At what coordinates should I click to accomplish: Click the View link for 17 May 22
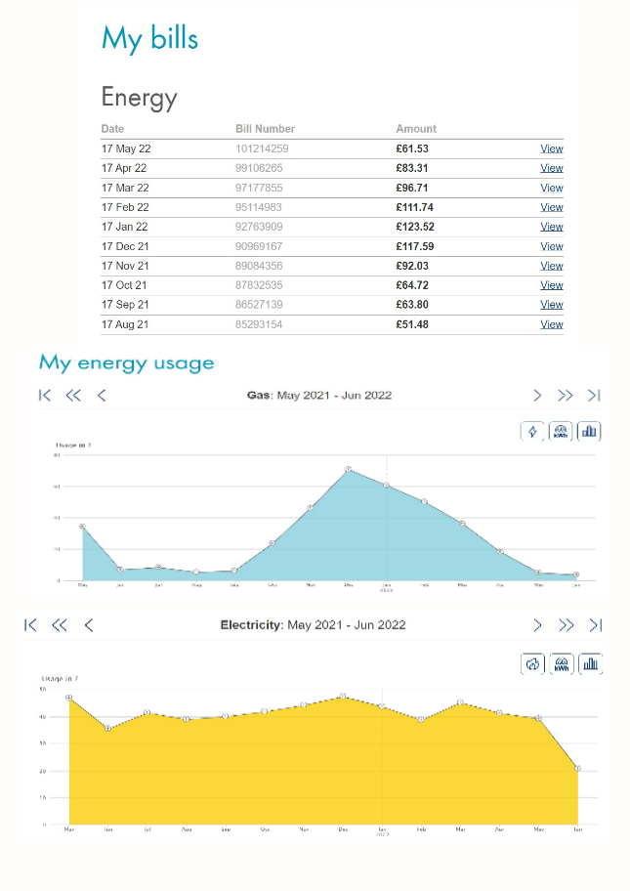coord(552,148)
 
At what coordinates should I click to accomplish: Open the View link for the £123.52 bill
coord(552,227)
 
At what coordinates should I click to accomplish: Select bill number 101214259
coord(262,148)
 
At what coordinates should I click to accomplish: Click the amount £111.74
coord(415,207)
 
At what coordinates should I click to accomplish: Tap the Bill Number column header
coord(265,129)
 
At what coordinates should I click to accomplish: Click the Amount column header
coord(416,129)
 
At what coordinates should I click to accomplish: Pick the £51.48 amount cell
coord(411,324)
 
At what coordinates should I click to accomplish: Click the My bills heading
coord(149,38)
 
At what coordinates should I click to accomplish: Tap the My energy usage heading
coord(126,363)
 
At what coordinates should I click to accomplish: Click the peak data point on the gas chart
coord(349,470)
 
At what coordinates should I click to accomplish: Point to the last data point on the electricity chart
coord(577,769)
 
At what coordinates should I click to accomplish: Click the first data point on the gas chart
coord(82,527)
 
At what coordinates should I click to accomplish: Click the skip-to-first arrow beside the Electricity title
coord(30,625)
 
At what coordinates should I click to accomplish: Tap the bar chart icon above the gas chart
coord(589,431)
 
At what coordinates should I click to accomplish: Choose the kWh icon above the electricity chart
coord(562,664)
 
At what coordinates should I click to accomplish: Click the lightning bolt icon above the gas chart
coord(532,431)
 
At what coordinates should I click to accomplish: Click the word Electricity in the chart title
coord(251,625)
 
